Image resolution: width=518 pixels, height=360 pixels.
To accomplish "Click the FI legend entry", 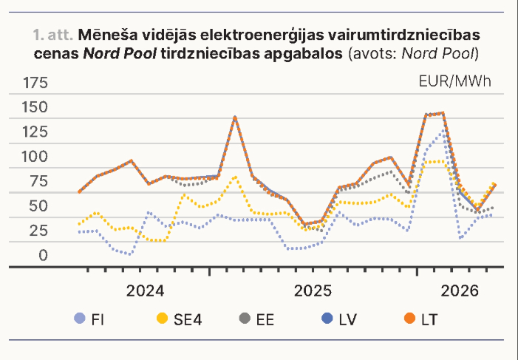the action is (89, 319).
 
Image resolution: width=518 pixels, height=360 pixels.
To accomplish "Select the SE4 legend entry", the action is (179, 319).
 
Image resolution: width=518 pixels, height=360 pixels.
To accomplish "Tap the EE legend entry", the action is (256, 319).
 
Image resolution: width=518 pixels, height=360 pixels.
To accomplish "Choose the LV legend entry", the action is (339, 319).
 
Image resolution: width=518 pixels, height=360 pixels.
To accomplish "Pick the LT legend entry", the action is (421, 319).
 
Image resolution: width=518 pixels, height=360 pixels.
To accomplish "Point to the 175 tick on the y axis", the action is (35, 83).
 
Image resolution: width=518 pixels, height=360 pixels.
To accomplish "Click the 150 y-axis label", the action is (35, 107).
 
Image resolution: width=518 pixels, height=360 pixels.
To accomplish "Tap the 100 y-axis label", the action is (35, 157).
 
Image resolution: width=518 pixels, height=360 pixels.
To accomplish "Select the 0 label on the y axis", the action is (43, 255).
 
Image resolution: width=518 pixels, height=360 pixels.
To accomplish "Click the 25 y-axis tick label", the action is (38, 231).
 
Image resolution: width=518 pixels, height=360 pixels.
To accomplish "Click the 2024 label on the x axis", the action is (145, 291).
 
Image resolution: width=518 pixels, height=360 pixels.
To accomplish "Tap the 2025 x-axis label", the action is (313, 291).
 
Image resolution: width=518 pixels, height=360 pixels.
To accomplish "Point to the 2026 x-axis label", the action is (460, 291).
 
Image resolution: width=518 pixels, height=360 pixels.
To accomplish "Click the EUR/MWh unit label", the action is (455, 81).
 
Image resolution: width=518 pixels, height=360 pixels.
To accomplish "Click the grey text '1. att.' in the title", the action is (53, 35).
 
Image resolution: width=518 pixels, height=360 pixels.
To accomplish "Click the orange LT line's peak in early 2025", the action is (234, 118).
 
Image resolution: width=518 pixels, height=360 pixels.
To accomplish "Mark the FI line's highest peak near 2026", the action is (443, 132).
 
